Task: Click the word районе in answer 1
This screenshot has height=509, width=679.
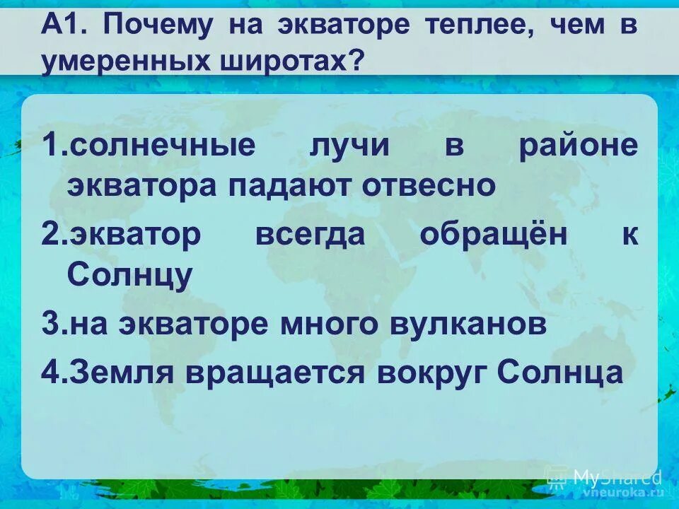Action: [578, 146]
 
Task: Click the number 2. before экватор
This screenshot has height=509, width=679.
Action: [54, 235]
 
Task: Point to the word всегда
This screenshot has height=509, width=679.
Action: [309, 235]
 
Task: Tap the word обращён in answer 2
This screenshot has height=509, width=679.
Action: [494, 235]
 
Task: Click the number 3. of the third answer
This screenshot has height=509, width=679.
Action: [54, 324]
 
